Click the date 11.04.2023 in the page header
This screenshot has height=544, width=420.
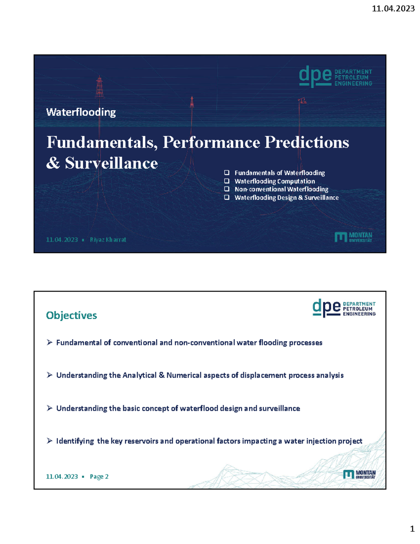point(393,9)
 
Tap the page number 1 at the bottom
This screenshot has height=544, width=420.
point(412,529)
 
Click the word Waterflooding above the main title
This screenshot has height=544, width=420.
point(81,112)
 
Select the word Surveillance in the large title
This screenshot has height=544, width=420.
point(111,163)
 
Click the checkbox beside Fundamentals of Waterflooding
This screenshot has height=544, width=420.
point(227,173)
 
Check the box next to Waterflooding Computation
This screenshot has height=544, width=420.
point(227,181)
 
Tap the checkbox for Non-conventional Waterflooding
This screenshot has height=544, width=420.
point(227,189)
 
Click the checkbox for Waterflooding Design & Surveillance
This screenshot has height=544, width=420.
point(227,198)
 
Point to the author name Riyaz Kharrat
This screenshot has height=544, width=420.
point(108,240)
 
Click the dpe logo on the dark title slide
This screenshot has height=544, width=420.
point(315,76)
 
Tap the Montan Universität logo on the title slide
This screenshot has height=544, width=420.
point(353,237)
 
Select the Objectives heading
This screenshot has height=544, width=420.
point(71,315)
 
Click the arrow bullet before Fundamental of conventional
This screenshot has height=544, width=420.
point(49,342)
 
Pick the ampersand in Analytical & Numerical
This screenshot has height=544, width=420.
point(161,375)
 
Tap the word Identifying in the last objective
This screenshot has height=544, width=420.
point(75,441)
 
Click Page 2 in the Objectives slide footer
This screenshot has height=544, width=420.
point(99,476)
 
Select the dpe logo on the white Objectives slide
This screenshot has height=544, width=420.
point(326,308)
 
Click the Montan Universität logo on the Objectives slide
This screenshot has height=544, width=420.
point(359,474)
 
